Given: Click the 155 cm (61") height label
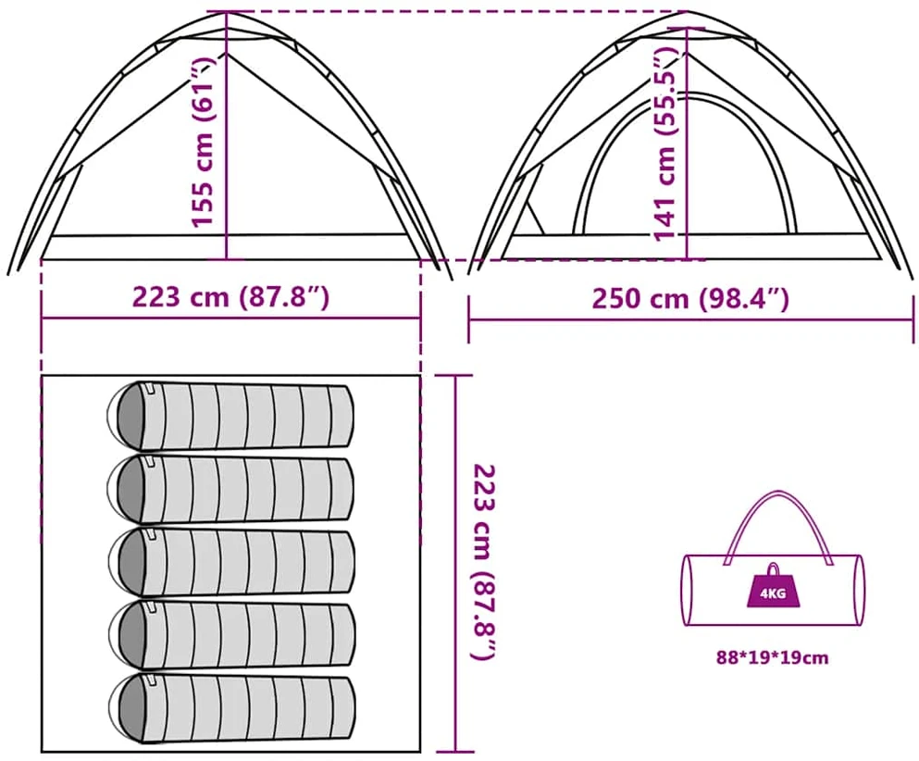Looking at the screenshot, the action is click(204, 142).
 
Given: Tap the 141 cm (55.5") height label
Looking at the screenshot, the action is click(665, 143).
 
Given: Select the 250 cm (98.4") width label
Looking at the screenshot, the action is click(690, 298).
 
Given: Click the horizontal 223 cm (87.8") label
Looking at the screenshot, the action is click(230, 296).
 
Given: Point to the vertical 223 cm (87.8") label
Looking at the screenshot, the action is click(486, 563).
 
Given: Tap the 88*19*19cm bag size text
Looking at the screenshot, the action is click(773, 658).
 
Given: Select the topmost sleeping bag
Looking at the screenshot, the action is click(230, 416).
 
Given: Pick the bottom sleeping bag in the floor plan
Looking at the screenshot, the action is click(231, 709).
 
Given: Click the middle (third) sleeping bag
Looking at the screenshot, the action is click(231, 562).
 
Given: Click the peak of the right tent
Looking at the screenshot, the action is click(687, 12).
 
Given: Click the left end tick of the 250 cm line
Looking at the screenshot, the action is click(469, 319).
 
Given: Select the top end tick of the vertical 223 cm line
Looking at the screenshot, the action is click(456, 376).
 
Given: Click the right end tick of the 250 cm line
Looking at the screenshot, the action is click(913, 319).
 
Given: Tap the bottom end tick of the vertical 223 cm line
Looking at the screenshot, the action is click(456, 751).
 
